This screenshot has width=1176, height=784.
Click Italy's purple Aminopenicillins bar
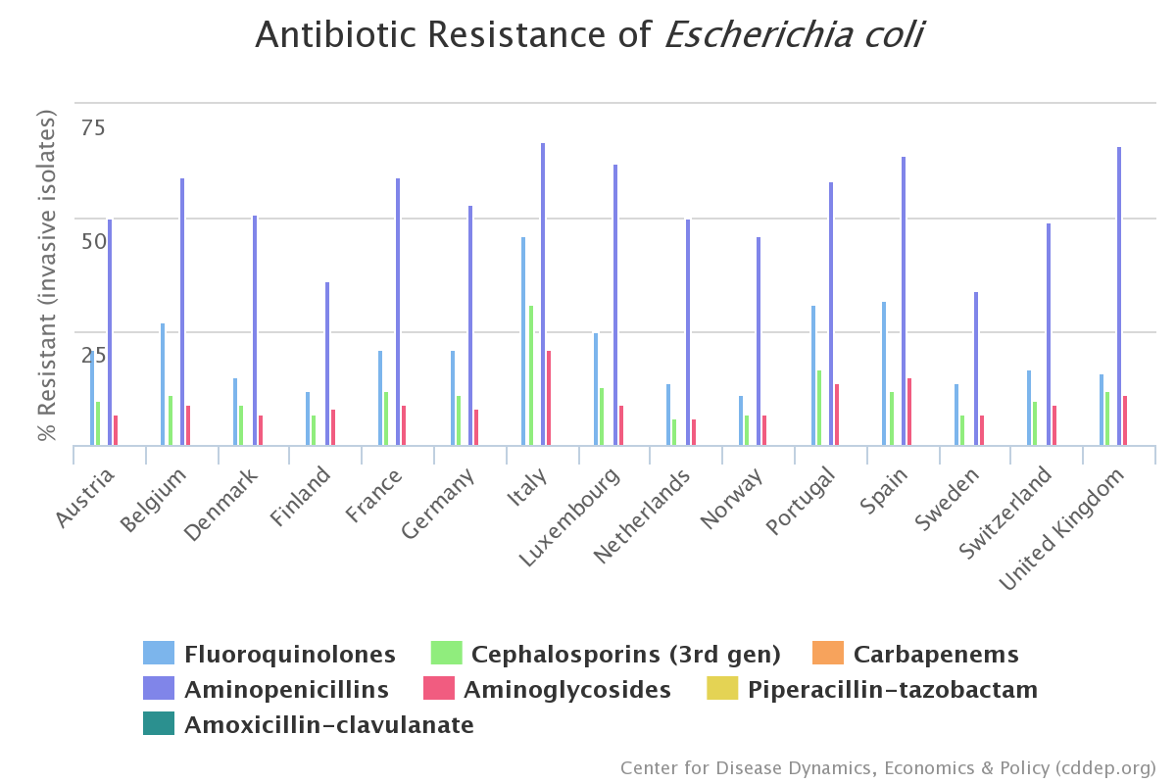[x=543, y=294]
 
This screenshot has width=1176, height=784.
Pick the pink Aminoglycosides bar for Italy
[x=549, y=398]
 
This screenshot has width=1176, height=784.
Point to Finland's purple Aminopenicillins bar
[x=327, y=364]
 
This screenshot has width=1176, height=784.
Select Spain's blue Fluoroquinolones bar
[x=884, y=373]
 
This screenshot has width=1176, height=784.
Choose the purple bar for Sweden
[x=976, y=368]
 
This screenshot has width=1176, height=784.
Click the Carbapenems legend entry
[x=935, y=655]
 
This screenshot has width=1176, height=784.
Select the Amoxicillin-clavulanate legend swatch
[x=159, y=725]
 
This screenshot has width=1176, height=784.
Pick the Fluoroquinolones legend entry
[x=289, y=655]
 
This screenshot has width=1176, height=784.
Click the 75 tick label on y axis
[x=93, y=127]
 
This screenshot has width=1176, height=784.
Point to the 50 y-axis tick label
[x=93, y=241]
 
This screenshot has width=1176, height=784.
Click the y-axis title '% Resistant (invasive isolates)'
[x=47, y=275]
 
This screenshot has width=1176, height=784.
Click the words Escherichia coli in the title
[x=794, y=35]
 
